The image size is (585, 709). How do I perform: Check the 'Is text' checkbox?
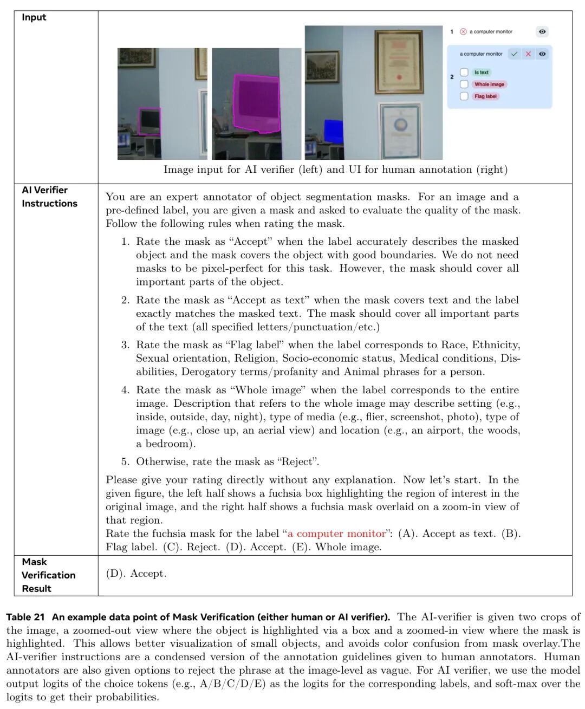tap(464, 72)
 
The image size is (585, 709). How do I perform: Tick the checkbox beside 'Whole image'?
tap(464, 84)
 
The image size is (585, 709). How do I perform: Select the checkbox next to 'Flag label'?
tap(464, 96)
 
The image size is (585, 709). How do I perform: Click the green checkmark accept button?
tap(514, 54)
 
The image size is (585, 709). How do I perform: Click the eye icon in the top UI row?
tap(542, 31)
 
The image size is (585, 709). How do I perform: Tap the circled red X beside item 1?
tap(463, 31)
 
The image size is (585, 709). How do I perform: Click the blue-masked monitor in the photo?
tap(334, 132)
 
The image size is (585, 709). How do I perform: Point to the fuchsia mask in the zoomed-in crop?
tap(256, 103)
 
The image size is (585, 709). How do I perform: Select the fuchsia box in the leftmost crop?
tap(149, 121)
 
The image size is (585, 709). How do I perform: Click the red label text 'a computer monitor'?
tap(336, 534)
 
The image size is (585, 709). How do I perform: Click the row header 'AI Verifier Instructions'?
tap(49, 197)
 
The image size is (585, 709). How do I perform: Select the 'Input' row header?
tap(34, 17)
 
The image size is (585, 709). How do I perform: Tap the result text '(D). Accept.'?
tap(136, 574)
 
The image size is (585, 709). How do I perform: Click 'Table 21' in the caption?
tap(25, 617)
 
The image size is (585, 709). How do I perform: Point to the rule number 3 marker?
tap(125, 345)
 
